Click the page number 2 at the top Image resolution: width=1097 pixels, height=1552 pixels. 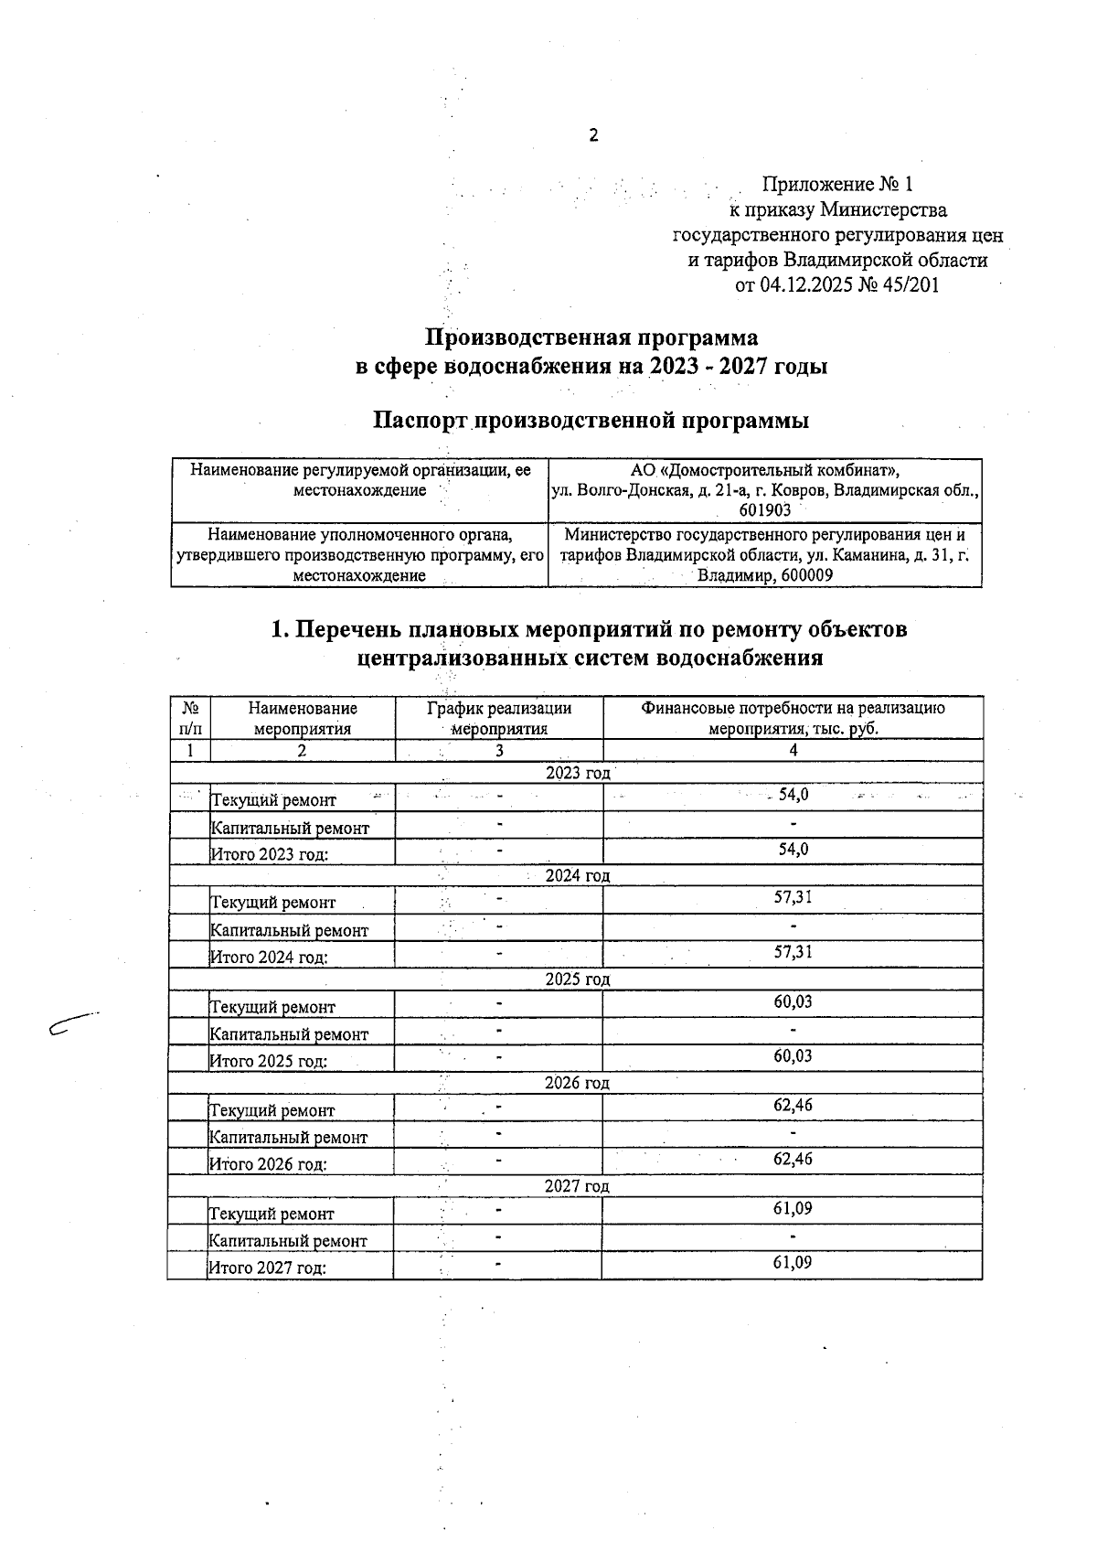tap(593, 136)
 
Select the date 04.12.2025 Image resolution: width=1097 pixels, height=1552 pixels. tap(805, 285)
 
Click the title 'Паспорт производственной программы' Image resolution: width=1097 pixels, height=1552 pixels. tap(591, 421)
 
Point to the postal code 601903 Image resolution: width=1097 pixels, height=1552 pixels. tap(765, 511)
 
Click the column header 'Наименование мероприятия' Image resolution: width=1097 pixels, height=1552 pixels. tap(303, 718)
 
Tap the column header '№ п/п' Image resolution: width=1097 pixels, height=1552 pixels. tap(191, 718)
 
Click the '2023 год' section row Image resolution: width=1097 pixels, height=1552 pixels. tap(577, 774)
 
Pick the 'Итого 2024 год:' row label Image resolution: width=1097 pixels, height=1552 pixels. tap(270, 958)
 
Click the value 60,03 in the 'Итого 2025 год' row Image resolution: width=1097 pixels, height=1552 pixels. tap(793, 1056)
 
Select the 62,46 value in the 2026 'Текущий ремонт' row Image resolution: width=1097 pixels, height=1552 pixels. tap(793, 1106)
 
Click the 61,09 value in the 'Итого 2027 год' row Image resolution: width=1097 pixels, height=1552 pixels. tap(793, 1263)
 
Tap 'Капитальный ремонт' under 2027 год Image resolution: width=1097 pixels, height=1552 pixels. tap(289, 1241)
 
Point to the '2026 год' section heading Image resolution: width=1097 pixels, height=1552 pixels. tap(577, 1084)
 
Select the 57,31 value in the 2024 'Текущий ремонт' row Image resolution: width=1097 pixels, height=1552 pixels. tap(793, 898)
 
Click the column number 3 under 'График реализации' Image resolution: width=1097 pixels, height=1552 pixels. tap(499, 751)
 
